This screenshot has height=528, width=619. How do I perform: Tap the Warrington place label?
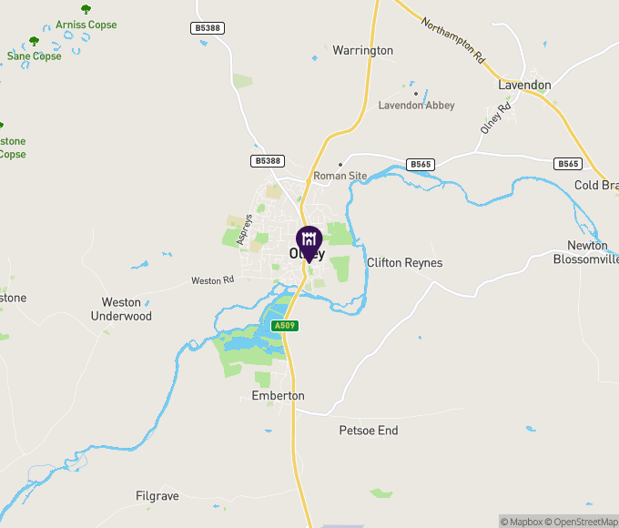(x=362, y=50)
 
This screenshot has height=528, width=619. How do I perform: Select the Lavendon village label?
(x=524, y=85)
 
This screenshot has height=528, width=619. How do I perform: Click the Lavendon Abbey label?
(x=416, y=106)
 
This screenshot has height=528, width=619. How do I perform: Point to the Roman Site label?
(x=340, y=175)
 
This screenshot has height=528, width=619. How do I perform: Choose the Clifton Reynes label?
(x=404, y=263)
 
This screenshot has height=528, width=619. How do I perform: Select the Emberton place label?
(x=278, y=396)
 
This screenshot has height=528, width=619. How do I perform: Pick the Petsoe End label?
(x=369, y=431)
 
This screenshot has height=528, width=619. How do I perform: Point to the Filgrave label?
(x=157, y=496)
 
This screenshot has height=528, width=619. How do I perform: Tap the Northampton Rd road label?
(x=452, y=40)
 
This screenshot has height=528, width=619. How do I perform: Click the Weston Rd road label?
(x=212, y=280)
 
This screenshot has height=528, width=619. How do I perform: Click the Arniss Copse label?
(x=86, y=25)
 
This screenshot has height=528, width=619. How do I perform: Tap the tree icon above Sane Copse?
(x=35, y=41)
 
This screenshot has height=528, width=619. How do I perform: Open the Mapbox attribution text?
(x=522, y=522)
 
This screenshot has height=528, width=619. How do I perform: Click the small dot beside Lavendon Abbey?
(x=416, y=93)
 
